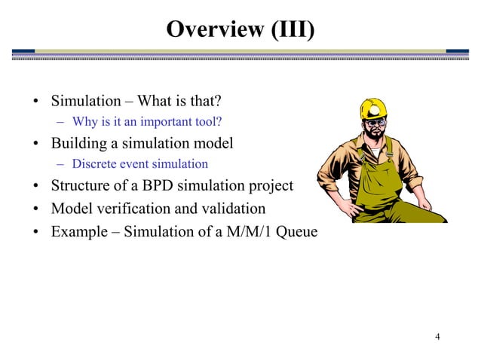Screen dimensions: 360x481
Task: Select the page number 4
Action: [x=437, y=335]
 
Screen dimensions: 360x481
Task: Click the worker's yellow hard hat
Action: [x=371, y=109]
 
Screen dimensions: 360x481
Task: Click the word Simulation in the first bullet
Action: [x=85, y=101]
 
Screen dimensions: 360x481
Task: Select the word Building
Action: [x=80, y=142]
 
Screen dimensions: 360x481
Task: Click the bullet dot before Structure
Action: [x=36, y=185]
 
